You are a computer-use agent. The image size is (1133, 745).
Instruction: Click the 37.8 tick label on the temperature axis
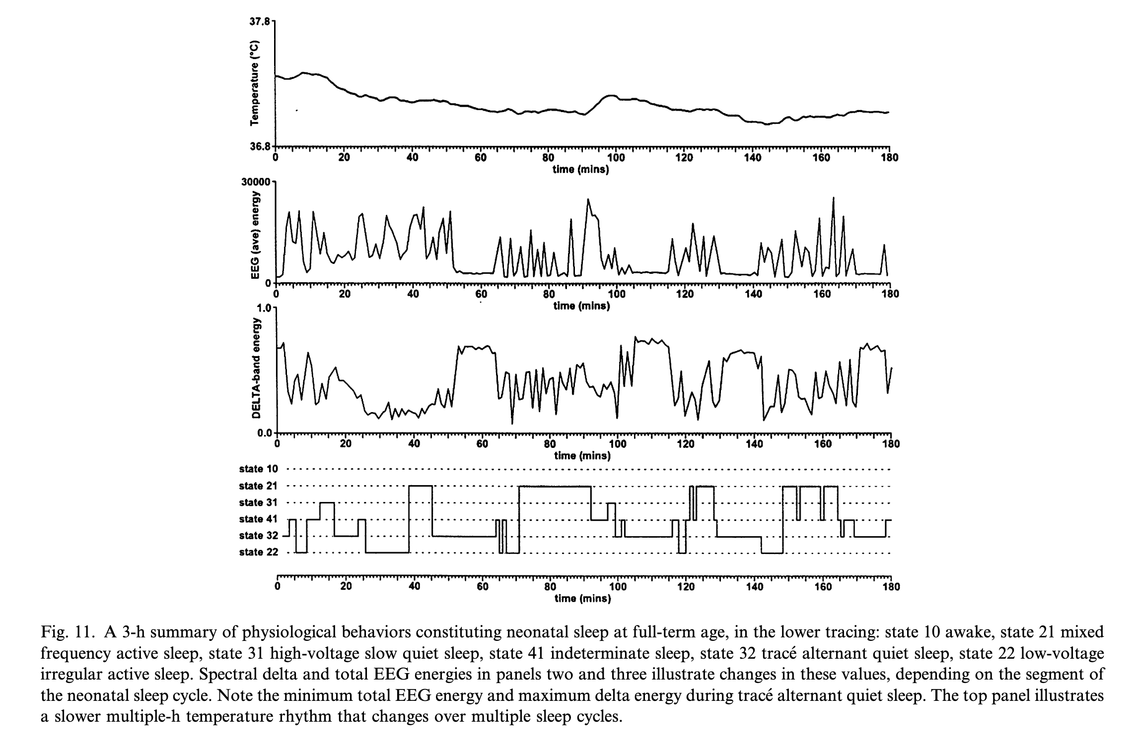(x=260, y=22)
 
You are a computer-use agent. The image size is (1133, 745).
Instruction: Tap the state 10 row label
(x=259, y=469)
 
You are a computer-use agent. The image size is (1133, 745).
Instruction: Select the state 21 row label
(x=259, y=486)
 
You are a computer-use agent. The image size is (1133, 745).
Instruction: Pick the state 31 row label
(x=259, y=502)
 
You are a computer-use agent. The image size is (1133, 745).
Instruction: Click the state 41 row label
(x=259, y=519)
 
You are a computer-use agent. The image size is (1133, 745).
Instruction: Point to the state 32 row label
(x=259, y=536)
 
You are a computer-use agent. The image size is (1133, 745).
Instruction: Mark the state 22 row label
(x=259, y=552)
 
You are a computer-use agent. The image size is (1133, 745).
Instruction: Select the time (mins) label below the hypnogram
(x=582, y=599)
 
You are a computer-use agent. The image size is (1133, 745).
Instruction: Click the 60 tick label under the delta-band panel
(x=482, y=444)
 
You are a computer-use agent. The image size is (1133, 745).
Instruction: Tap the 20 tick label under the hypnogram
(x=346, y=586)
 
